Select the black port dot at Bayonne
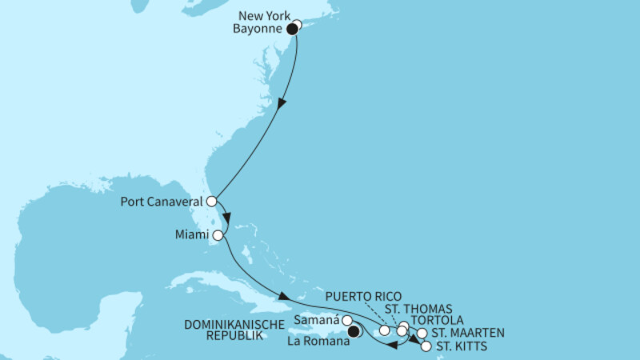coord(293,29)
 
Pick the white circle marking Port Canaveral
coord(212,202)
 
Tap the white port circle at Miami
coord(218,235)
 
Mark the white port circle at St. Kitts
coord(425,346)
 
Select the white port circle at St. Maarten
coord(422,333)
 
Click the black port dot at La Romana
coord(354,328)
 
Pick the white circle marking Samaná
coord(347,321)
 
